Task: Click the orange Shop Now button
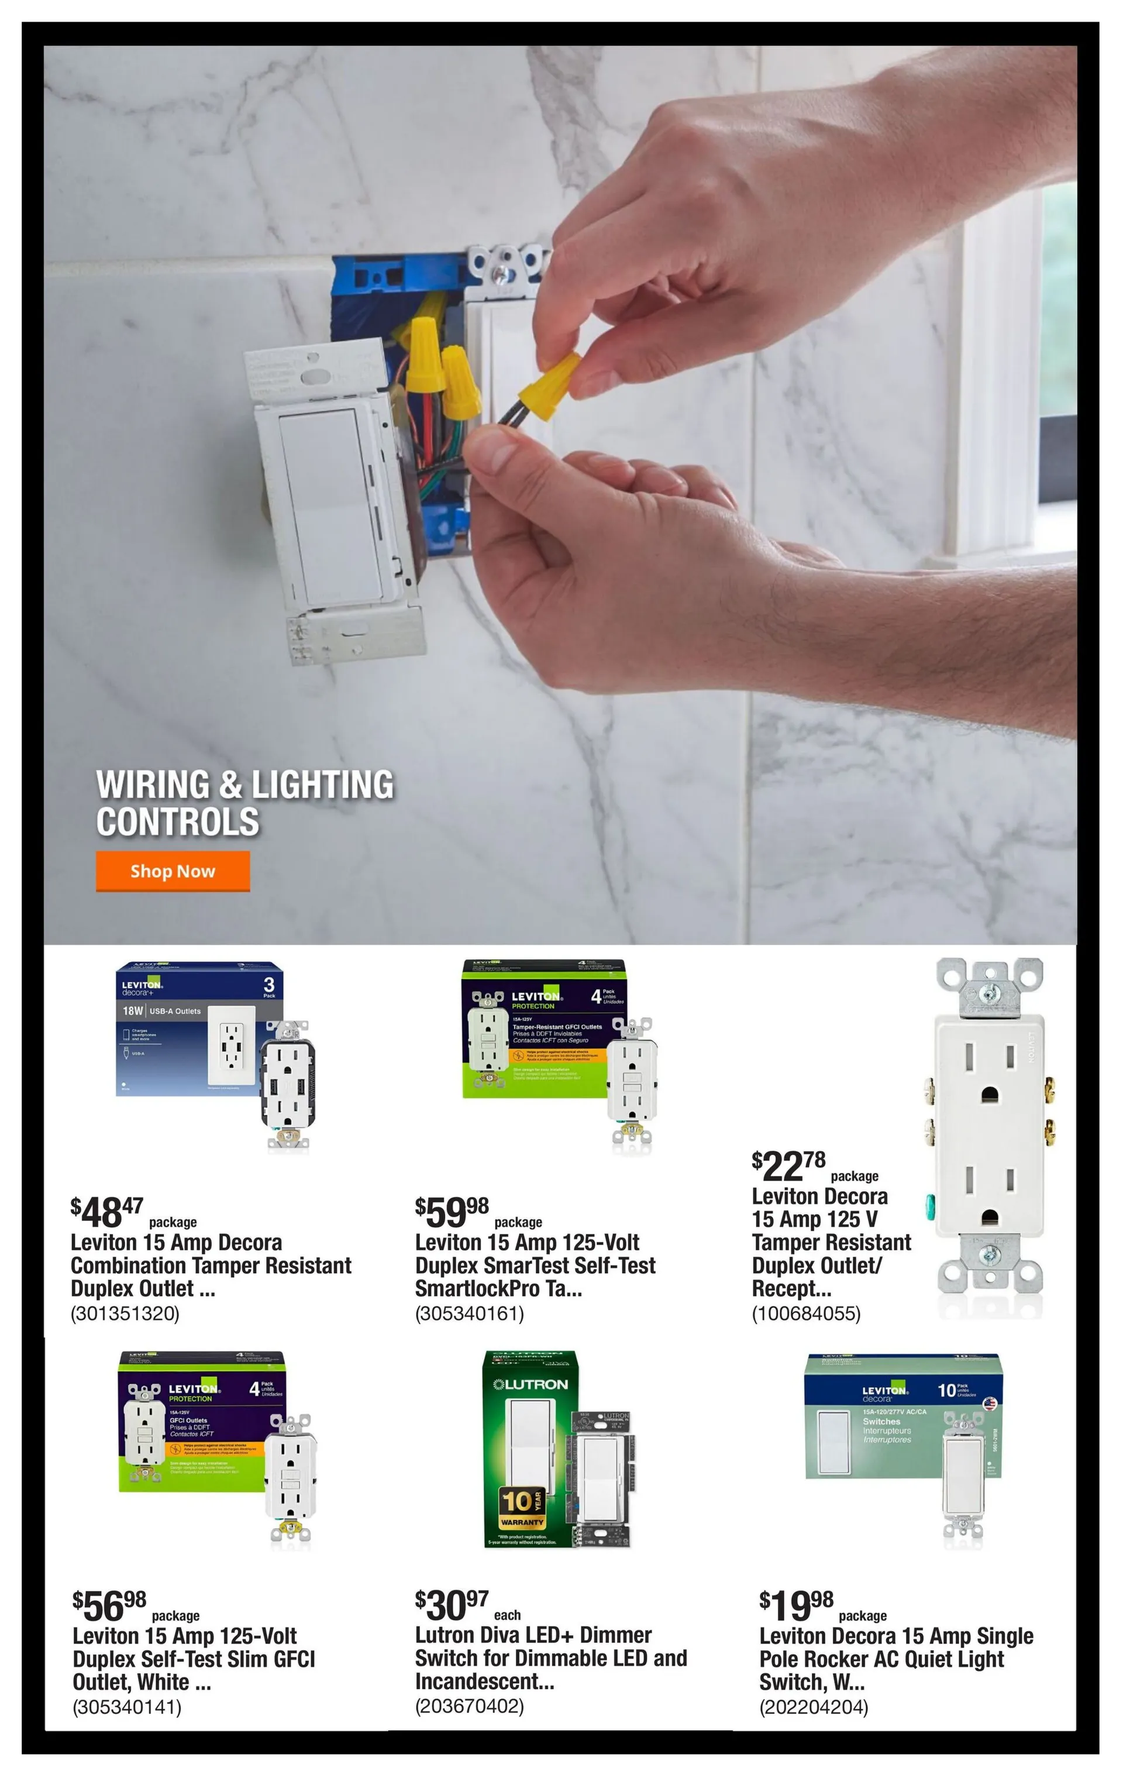(x=172, y=871)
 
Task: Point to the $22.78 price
(x=788, y=1166)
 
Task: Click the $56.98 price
(x=109, y=1605)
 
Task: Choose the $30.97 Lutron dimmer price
(x=451, y=1605)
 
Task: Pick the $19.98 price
(x=796, y=1605)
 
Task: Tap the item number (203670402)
(x=470, y=1707)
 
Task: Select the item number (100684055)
(x=806, y=1313)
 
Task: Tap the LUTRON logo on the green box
(x=530, y=1384)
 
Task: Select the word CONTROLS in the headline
(x=177, y=822)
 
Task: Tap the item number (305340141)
(x=127, y=1707)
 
